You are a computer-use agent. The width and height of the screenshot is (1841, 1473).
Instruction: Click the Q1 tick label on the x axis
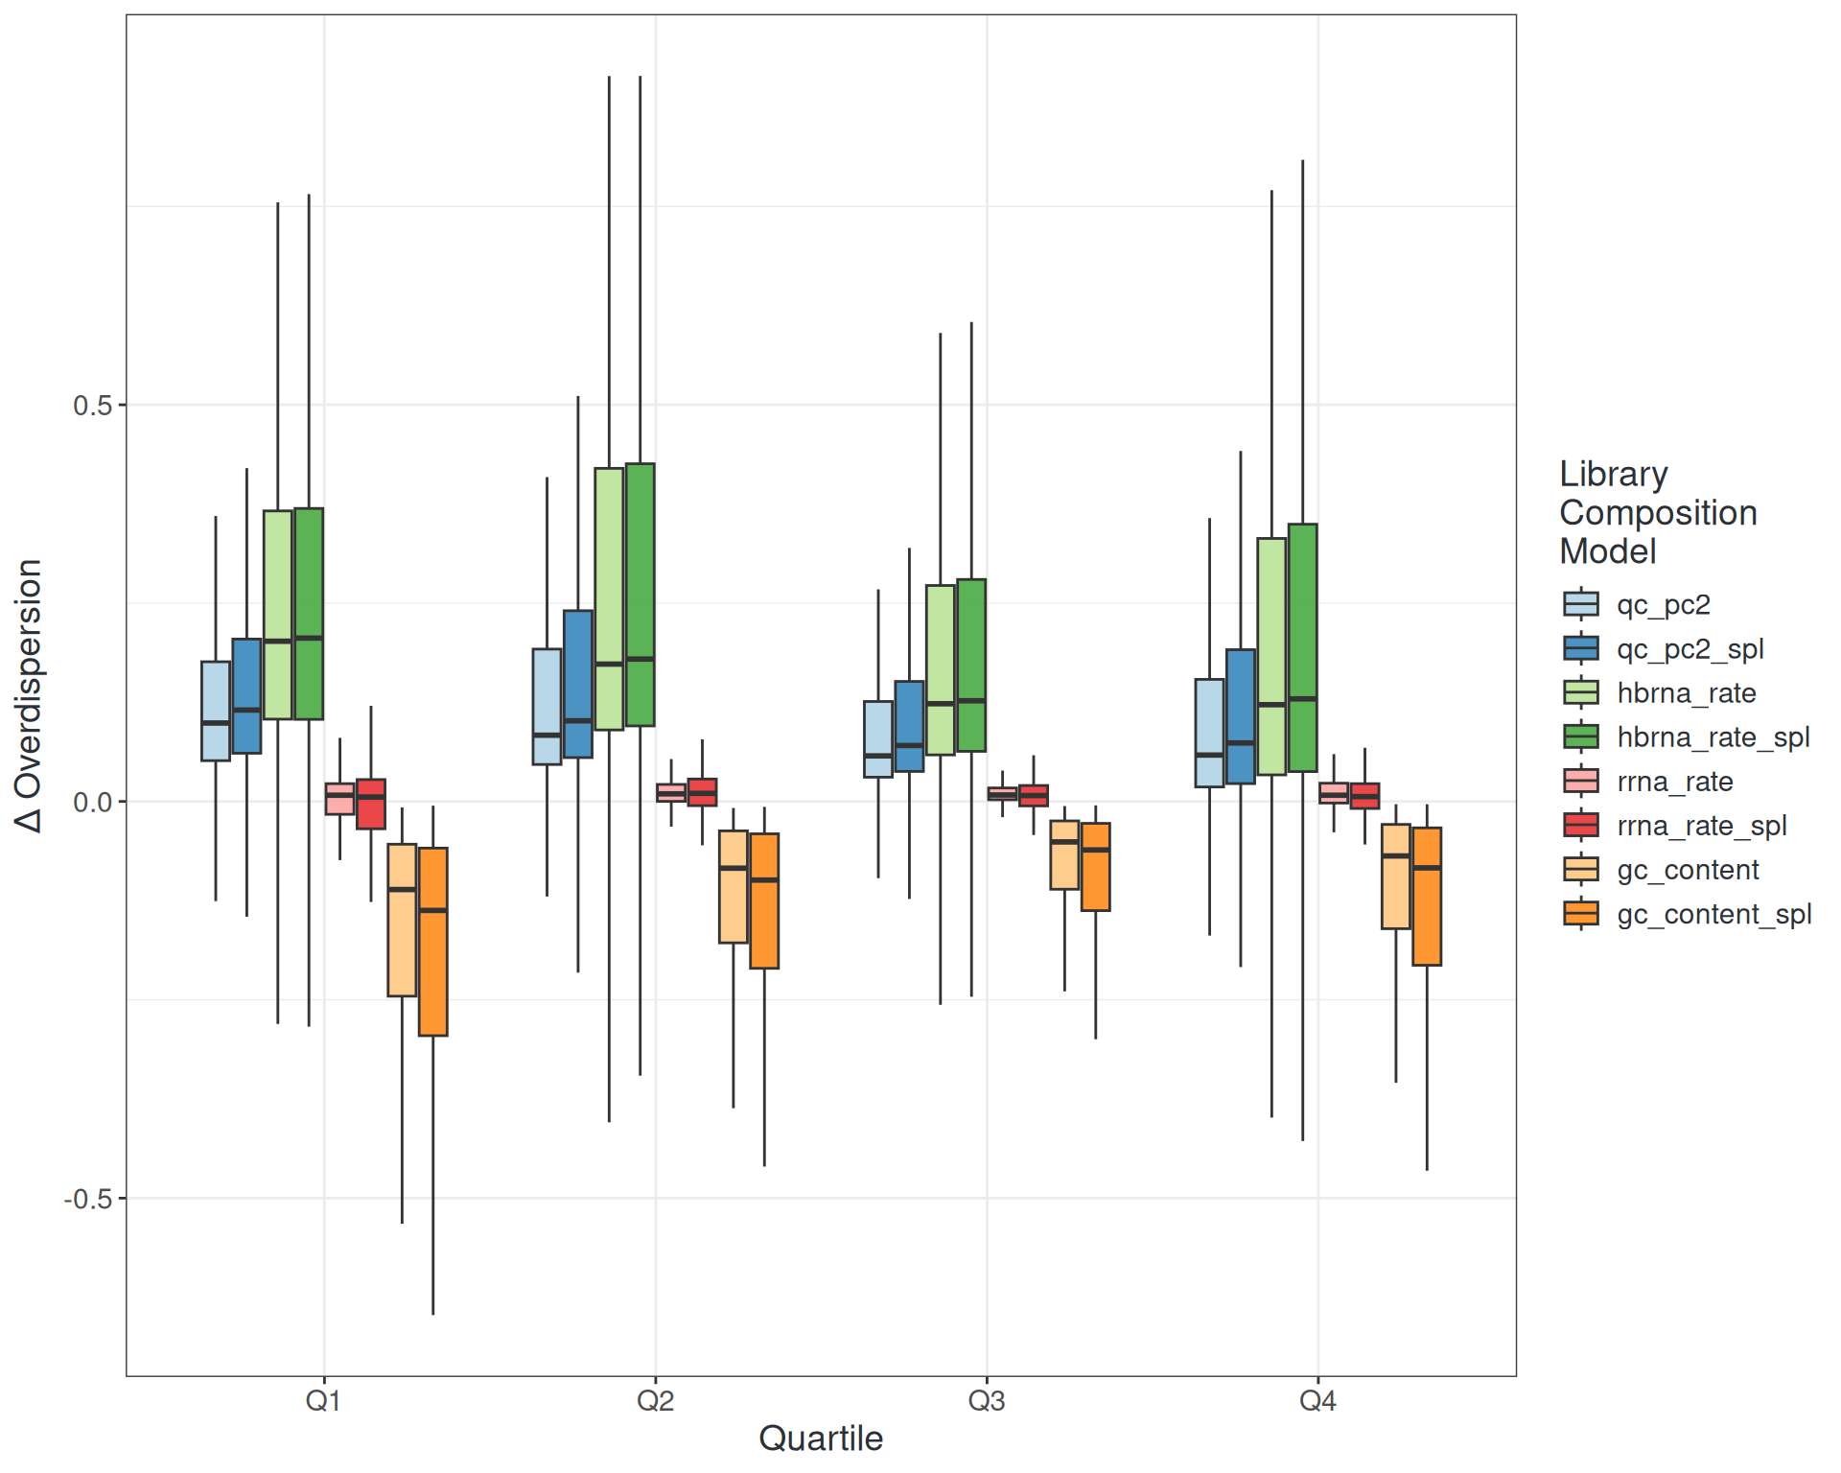(323, 1401)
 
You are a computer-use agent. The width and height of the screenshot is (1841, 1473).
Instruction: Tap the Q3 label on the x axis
(986, 1401)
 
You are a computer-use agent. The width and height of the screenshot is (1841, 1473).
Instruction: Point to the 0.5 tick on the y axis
(93, 405)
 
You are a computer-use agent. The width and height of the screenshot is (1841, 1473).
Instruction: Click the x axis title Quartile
(821, 1438)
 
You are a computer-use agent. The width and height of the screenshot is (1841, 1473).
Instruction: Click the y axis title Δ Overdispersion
(29, 695)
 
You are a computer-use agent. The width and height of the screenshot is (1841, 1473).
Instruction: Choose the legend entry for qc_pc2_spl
(1690, 649)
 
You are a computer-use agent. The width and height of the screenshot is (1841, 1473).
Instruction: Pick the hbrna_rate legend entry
(1686, 693)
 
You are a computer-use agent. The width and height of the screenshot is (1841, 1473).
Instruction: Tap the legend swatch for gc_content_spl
(1581, 914)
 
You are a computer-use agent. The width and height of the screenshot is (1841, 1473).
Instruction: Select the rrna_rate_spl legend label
(1701, 826)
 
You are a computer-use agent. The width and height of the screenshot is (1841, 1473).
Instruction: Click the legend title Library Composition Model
(1658, 512)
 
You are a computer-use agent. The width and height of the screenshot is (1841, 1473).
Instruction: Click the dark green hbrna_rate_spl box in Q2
(641, 595)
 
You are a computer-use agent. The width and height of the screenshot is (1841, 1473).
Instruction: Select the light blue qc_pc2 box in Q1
(216, 711)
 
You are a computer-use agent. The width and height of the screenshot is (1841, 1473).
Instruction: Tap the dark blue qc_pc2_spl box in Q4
(1241, 716)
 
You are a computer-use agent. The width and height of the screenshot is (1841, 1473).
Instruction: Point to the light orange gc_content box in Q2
(734, 887)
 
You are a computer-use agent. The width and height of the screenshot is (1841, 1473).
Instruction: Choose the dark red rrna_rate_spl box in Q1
(371, 804)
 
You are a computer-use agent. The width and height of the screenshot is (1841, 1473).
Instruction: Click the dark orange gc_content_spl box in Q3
(1096, 867)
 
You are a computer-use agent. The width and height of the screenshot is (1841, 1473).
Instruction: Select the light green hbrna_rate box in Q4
(1271, 656)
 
